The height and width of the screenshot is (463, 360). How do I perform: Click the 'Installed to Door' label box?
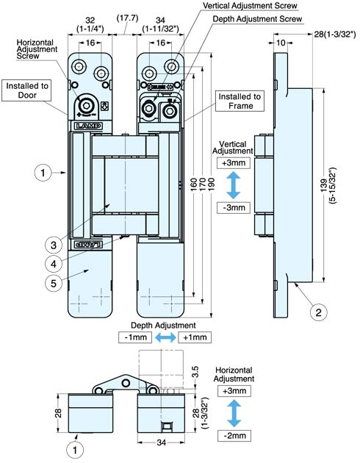click(26, 90)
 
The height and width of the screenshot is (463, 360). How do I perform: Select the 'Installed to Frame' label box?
click(240, 101)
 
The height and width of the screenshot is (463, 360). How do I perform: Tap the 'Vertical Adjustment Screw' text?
click(250, 6)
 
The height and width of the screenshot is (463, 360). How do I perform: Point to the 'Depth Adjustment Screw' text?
click(257, 19)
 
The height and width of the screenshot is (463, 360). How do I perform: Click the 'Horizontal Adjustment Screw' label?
click(37, 49)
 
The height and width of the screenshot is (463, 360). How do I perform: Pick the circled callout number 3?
click(54, 245)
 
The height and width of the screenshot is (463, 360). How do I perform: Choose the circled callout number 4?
click(54, 264)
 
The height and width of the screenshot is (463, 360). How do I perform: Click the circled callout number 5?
click(54, 284)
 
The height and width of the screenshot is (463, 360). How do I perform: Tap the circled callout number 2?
click(319, 312)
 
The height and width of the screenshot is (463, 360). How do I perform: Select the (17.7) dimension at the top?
click(127, 18)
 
